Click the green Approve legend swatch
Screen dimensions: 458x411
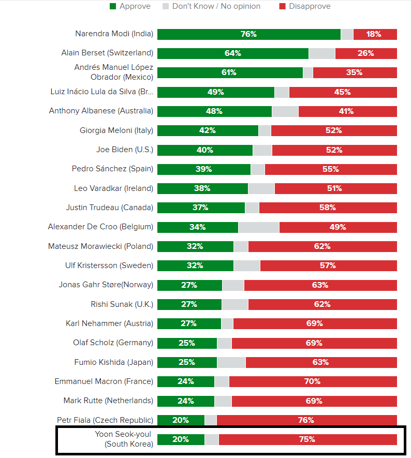tap(113, 6)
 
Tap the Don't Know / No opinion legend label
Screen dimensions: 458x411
tap(216, 6)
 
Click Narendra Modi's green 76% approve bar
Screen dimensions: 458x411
tap(248, 34)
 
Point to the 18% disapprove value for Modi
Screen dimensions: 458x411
tap(374, 34)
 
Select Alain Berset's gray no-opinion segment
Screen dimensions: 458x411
tap(321, 53)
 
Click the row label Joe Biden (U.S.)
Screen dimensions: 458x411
tap(125, 150)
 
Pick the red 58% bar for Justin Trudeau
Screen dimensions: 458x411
tap(328, 208)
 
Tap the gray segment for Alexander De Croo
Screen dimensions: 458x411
tap(258, 227)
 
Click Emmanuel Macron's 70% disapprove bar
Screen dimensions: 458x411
tap(313, 381)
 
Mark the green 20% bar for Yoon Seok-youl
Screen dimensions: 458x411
tap(181, 439)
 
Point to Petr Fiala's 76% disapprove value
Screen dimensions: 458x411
tap(306, 420)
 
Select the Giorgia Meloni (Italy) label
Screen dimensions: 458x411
tap(116, 130)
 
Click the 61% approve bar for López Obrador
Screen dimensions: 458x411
tap(230, 72)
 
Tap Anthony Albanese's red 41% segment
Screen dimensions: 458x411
tap(347, 111)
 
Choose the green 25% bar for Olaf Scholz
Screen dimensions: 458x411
tap(187, 343)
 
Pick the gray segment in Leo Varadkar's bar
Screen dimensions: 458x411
tap(261, 188)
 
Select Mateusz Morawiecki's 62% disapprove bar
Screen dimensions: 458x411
tap(322, 246)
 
